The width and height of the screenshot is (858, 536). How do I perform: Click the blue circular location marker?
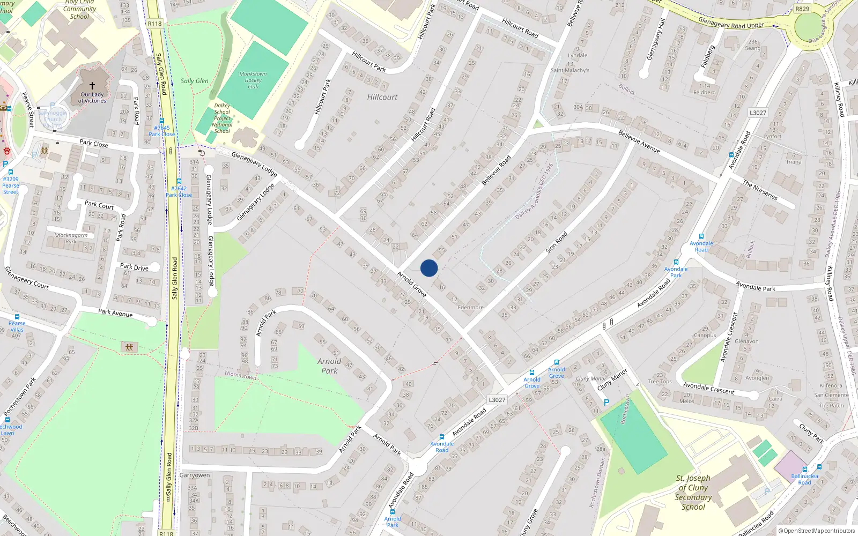(429, 268)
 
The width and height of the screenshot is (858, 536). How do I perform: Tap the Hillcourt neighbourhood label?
(382, 97)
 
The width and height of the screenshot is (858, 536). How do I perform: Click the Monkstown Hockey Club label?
(253, 80)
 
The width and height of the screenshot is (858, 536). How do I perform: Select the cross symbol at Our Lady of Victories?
(92, 86)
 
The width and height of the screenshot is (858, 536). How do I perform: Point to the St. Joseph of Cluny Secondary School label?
(693, 492)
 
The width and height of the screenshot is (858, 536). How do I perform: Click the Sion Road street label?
(557, 242)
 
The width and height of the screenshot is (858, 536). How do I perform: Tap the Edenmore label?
(470, 307)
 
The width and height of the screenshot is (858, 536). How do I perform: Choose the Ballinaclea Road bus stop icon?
(819, 467)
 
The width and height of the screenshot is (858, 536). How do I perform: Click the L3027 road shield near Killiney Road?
(758, 113)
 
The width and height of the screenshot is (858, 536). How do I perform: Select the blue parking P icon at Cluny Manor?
(606, 402)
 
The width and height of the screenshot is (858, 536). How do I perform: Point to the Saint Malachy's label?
(570, 70)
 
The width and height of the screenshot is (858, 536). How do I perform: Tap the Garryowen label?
(195, 475)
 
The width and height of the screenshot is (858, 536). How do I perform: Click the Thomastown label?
(240, 375)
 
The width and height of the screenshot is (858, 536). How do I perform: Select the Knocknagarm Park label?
(71, 238)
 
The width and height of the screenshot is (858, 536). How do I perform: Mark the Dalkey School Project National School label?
(222, 118)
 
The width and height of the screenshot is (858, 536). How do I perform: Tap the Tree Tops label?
(660, 382)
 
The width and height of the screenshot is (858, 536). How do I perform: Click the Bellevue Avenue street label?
(639, 142)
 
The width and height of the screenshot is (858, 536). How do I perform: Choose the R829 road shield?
(802, 9)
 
